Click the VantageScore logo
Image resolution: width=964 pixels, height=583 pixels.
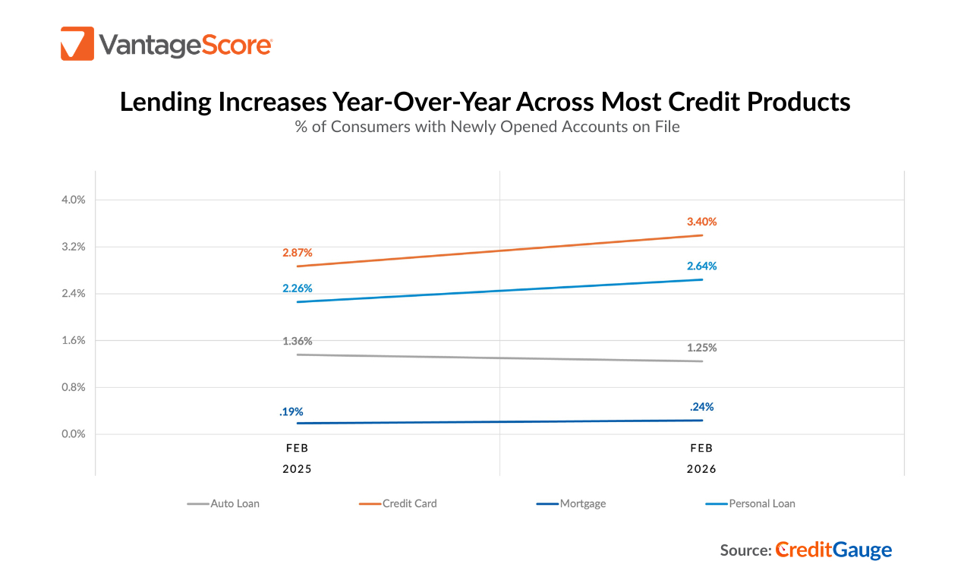pos(166,44)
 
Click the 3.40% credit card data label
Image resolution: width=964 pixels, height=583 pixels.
pos(701,222)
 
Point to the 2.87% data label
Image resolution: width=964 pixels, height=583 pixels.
pos(298,251)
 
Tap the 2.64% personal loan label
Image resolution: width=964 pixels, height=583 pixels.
pos(701,266)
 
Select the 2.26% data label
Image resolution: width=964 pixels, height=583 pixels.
pos(298,288)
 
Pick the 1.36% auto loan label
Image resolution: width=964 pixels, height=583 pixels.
pos(298,341)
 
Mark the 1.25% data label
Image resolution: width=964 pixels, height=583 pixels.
pos(701,348)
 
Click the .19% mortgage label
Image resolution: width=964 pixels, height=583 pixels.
pos(291,411)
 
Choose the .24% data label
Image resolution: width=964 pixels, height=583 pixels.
pos(701,406)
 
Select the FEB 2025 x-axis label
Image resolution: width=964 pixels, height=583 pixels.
pos(298,459)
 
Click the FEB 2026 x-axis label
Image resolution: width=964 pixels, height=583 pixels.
pos(701,459)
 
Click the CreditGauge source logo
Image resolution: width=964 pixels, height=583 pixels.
pos(833,550)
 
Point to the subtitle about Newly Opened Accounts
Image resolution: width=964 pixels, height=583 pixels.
pos(487,127)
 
